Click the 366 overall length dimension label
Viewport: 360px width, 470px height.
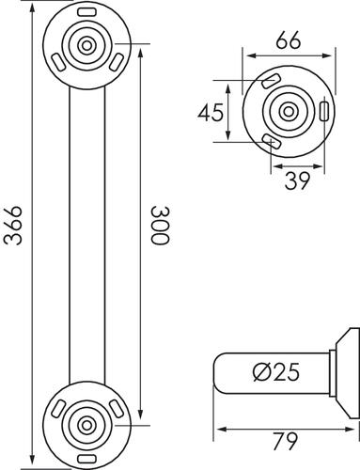coord(13,225)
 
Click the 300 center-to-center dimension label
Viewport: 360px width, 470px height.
coord(160,225)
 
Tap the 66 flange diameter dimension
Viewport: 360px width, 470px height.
coord(289,39)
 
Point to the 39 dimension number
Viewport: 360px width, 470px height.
coord(297,180)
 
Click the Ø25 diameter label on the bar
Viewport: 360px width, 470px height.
coord(276,372)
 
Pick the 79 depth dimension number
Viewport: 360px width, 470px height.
coord(285,441)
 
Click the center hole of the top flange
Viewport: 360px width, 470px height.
coord(86,46)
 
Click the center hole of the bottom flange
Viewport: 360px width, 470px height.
coord(86,426)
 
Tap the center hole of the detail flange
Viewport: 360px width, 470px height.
coord(289,112)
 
